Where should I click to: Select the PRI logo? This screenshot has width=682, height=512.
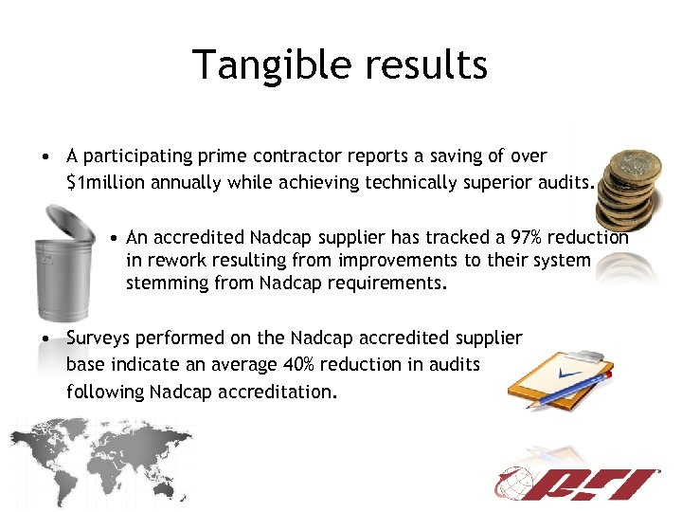pos(578,485)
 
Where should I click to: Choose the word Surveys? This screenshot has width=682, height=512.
pos(98,338)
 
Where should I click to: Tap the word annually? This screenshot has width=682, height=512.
pos(187,183)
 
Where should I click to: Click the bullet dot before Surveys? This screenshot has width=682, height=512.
pos(45,338)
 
